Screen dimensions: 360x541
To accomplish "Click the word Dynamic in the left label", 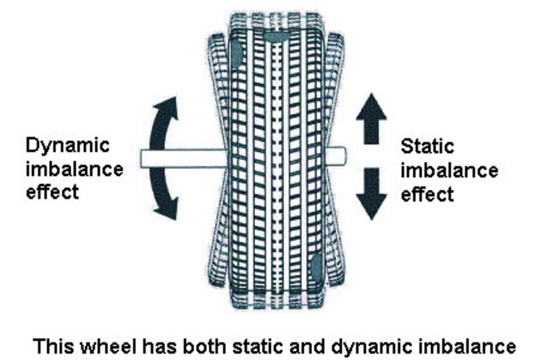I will tap(68, 146).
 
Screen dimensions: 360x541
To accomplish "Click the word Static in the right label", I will tap(427, 147).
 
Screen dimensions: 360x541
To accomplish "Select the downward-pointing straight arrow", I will tap(371, 193).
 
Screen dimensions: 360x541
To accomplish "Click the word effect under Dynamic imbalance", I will tap(53, 192).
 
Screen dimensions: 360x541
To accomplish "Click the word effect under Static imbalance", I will tap(427, 194).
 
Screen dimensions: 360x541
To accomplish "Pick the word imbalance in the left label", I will tap(75, 169).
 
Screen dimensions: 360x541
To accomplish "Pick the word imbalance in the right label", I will tap(449, 170).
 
